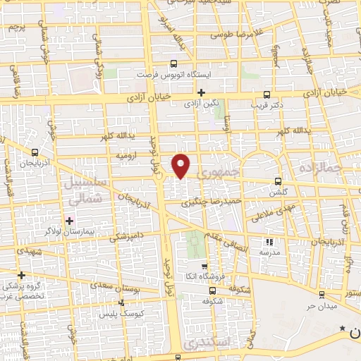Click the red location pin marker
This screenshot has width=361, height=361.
pyautogui.click(x=182, y=165)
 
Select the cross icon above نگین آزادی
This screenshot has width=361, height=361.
pyautogui.click(x=202, y=92)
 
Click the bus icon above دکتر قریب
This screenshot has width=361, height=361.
pyautogui.click(x=267, y=94)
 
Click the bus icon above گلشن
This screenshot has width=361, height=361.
pyautogui.click(x=278, y=180)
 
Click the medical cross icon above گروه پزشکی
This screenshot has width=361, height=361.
pyautogui.click(x=22, y=275)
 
